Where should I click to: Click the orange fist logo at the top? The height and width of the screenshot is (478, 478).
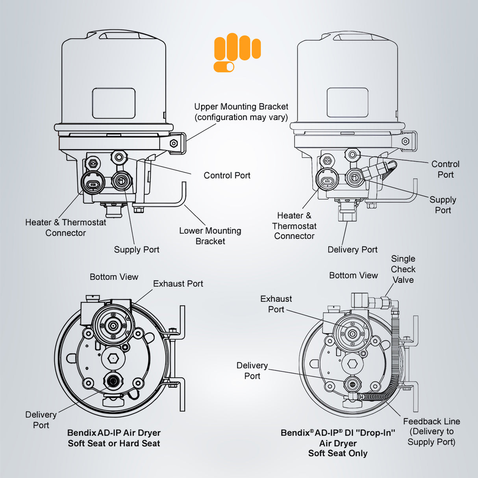coord(237,53)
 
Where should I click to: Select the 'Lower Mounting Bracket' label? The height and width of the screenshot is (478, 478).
coord(210,236)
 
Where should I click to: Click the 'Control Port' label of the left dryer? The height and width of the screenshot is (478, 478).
coord(227,175)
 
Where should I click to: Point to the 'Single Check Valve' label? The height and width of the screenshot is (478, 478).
coord(403,269)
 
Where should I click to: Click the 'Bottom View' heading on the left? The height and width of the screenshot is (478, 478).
coord(114,277)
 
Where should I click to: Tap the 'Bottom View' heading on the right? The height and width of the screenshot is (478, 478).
coord(353,275)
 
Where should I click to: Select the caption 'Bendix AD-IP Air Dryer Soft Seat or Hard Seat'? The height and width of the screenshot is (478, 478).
coord(114,438)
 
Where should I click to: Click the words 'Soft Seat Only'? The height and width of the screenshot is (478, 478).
coord(338,453)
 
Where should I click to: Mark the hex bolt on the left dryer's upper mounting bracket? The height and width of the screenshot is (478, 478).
coord(173,143)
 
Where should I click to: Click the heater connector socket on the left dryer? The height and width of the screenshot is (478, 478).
coord(93,184)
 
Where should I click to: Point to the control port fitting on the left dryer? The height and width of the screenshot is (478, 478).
coord(119,157)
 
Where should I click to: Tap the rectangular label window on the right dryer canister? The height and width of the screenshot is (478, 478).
coord(347,102)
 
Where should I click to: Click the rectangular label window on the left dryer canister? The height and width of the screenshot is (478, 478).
coord(114,103)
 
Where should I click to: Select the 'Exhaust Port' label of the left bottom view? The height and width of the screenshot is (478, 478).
coord(178,283)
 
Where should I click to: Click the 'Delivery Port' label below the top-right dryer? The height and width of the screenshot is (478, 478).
coord(352,249)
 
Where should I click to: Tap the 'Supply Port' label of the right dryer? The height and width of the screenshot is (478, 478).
coord(443,205)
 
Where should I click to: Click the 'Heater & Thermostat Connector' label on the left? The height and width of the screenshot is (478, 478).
coord(65,228)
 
